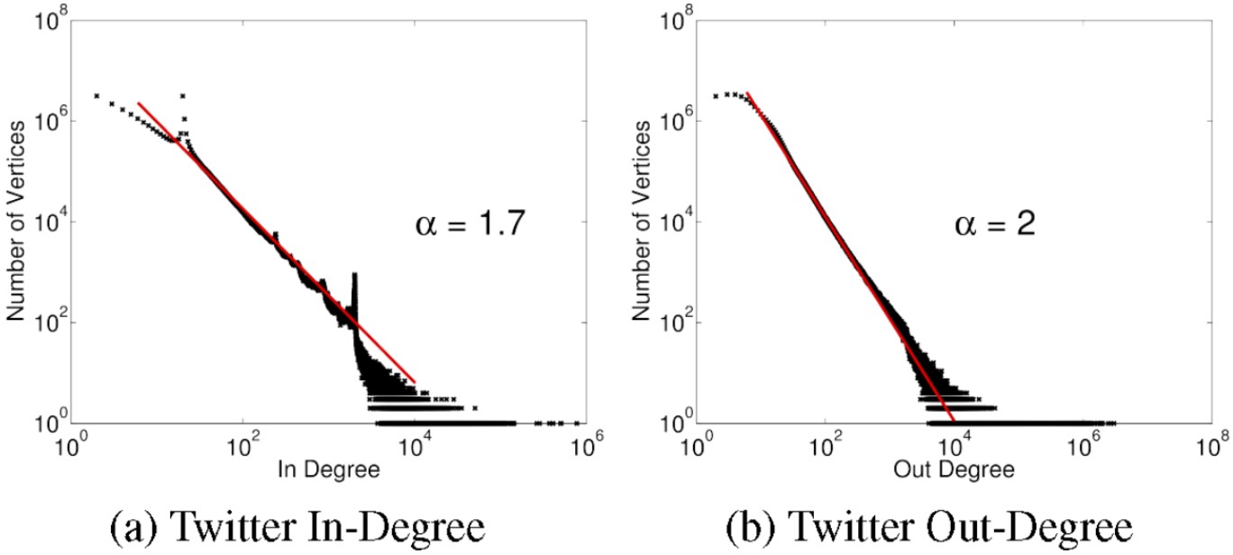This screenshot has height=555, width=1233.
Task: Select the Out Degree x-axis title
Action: (954, 469)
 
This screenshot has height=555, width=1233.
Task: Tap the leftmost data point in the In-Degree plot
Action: (96, 96)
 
